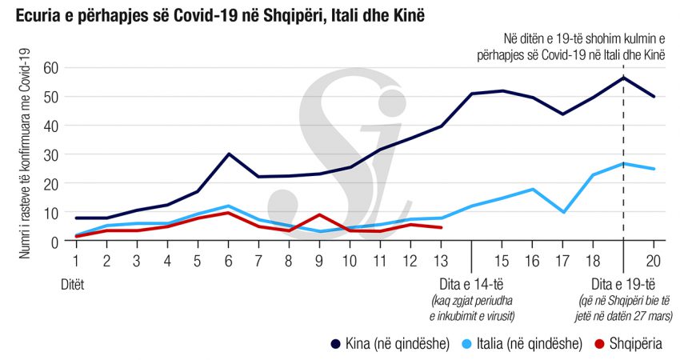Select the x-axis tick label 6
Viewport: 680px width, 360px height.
tap(229, 262)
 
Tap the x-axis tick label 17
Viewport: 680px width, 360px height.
tap(563, 262)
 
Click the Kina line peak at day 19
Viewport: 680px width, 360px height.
tap(624, 78)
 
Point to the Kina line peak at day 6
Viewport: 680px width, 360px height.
tap(229, 154)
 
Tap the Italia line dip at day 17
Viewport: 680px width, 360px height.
tap(563, 212)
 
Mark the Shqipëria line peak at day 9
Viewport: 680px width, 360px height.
tap(320, 214)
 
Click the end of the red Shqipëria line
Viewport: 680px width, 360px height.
tap(442, 227)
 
